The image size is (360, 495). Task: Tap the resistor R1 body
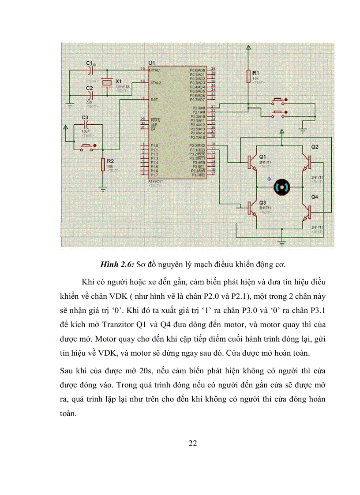pos(249,76)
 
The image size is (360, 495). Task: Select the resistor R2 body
pos(103,164)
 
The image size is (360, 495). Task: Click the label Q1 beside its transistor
pos(262,157)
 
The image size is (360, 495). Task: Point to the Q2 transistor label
pos(315,146)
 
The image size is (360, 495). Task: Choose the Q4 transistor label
pos(315,197)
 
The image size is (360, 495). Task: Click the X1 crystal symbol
pos(106,83)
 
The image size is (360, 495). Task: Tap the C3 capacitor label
pos(85,118)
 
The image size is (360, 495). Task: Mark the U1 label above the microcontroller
pos(153,63)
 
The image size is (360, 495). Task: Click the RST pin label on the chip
pos(154,99)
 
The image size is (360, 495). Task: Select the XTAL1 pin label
pos(156,70)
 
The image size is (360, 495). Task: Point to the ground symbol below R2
pos(103,189)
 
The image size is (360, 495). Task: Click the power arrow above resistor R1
pos(249,47)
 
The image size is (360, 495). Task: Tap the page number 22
pos(192,443)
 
